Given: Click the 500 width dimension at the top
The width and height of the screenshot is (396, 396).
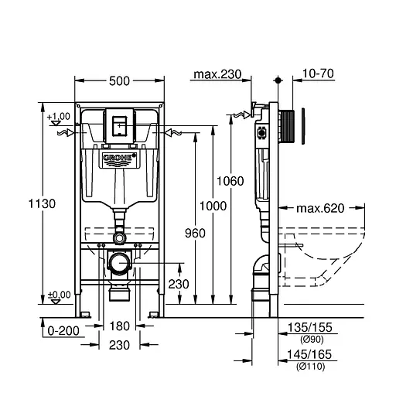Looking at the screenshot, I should [x=118, y=80].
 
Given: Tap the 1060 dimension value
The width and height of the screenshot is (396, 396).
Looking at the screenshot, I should [x=231, y=181].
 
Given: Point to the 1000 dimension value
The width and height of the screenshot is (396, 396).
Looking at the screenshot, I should [x=213, y=206].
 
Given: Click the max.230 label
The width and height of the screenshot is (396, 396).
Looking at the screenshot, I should [x=217, y=75].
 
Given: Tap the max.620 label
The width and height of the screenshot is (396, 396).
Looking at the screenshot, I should [x=321, y=208].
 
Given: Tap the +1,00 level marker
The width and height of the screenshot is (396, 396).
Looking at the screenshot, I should [x=58, y=117].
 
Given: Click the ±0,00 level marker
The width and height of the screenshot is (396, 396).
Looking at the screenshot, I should [x=59, y=295].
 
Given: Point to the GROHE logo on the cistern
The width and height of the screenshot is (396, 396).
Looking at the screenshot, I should [x=119, y=160].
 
